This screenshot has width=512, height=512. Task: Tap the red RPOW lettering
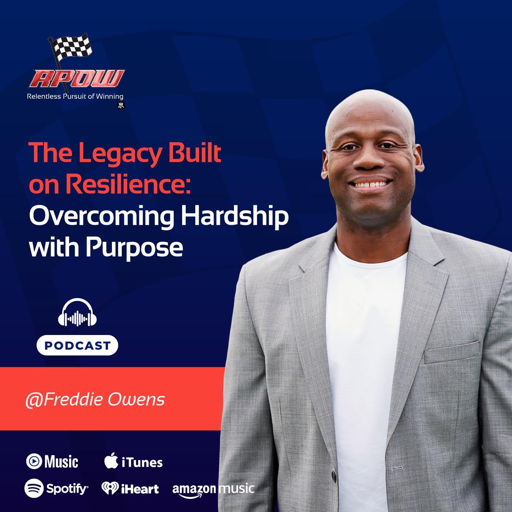click(x=77, y=79)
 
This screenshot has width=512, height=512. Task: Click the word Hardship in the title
click(x=235, y=217)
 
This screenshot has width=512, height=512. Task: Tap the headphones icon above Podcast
click(x=77, y=312)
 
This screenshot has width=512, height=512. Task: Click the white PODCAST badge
click(x=77, y=345)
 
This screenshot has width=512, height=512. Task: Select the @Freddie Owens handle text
click(x=95, y=400)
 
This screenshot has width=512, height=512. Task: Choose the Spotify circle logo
click(x=34, y=488)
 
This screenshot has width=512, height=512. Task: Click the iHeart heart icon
click(x=110, y=488)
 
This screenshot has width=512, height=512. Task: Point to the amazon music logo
click(x=213, y=490)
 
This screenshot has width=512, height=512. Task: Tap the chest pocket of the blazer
click(x=452, y=352)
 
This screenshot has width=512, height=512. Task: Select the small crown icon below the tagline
click(x=121, y=105)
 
